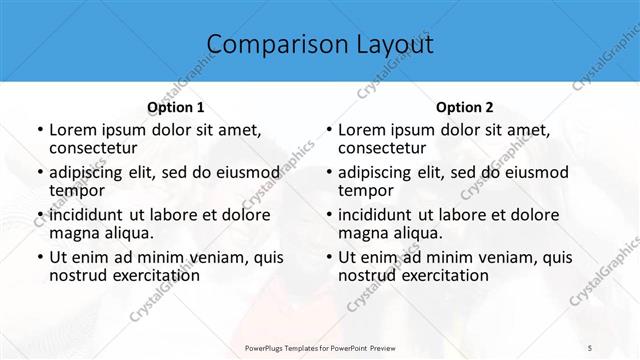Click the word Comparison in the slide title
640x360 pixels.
(268, 45)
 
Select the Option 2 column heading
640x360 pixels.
(464, 107)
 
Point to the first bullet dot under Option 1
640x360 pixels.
(39, 130)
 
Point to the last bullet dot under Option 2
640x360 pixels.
(328, 257)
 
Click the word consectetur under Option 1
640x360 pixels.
(94, 148)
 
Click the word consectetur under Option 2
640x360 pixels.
(383, 148)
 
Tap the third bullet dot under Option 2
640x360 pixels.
(328, 215)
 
